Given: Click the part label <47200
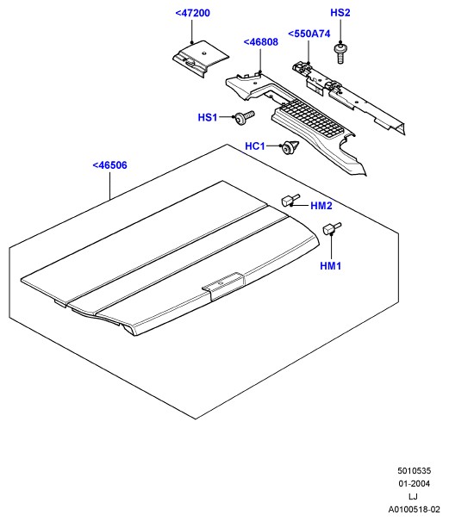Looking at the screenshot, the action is [192, 13].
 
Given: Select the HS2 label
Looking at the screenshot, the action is [340, 13].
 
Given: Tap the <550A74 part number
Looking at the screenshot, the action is [309, 34].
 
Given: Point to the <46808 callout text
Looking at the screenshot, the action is [261, 42].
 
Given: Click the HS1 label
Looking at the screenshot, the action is [208, 117].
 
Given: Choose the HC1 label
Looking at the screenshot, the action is [255, 146].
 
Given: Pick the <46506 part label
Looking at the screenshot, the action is [109, 165].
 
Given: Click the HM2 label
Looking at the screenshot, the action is [321, 206].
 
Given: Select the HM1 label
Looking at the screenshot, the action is [331, 266].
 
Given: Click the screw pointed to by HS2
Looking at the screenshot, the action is [340, 53].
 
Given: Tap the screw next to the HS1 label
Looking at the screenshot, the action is [245, 117].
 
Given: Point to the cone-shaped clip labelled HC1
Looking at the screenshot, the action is [290, 147].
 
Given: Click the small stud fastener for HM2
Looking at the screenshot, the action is [290, 200].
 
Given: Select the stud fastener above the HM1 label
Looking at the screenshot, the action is [332, 228].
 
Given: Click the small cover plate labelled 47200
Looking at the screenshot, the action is [201, 59].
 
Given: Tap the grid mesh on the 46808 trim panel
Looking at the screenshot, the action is [313, 119].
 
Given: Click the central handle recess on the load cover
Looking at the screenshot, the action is [223, 285].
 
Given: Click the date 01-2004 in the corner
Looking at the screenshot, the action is [414, 483].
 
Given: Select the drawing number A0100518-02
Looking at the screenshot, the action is [414, 509].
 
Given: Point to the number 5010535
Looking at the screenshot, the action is [414, 471].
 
